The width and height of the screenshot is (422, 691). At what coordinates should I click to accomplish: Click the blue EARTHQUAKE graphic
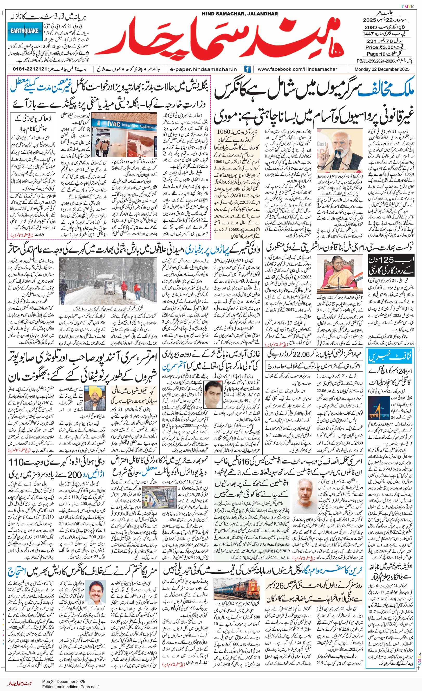pos(25,31)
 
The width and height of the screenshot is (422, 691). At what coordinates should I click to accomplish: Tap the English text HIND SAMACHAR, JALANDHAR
pos(240,14)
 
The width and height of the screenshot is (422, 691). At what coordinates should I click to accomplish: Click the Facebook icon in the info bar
pos(247,69)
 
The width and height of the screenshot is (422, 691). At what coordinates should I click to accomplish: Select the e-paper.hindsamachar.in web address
pos(203,69)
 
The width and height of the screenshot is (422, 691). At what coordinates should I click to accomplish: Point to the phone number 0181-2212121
pos(30,69)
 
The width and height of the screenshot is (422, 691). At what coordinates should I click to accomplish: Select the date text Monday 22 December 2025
pos(382,69)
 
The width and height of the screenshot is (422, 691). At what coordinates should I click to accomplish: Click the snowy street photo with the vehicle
pos(108,281)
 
